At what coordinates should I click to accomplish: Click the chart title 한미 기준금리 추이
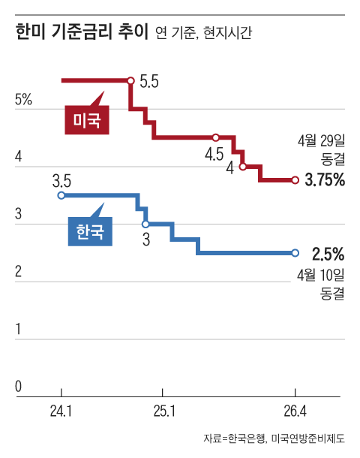tap(82, 32)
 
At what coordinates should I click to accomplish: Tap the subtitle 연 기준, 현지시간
tap(203, 32)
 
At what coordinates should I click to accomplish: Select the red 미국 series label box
tap(87, 120)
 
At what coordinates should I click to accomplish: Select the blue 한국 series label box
tap(90, 231)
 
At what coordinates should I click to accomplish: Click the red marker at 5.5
tap(131, 80)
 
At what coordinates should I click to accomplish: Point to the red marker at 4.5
tap(215, 137)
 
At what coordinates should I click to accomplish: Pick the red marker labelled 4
tap(243, 167)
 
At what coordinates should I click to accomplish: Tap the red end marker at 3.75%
tap(295, 180)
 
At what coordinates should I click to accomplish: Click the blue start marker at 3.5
tap(61, 195)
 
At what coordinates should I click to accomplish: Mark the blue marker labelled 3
tap(145, 224)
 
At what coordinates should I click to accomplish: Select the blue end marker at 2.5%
tap(295, 253)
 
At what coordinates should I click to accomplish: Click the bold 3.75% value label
tap(325, 179)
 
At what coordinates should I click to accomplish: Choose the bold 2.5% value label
tap(328, 254)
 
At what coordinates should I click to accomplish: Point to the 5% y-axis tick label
tap(23, 100)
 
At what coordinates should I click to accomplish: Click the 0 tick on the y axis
tap(19, 386)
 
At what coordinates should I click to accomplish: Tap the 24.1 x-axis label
tap(61, 411)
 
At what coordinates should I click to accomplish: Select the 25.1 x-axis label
tap(164, 411)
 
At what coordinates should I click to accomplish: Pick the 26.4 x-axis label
tap(295, 411)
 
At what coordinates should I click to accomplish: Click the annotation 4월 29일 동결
tap(321, 150)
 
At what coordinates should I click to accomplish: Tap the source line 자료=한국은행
tap(234, 438)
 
